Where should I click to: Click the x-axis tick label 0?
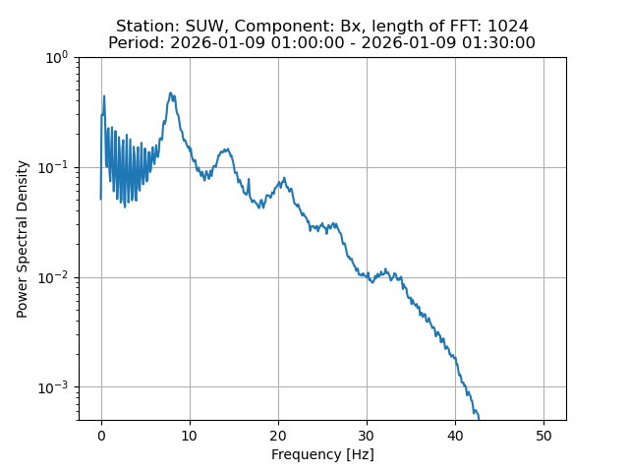click(x=101, y=436)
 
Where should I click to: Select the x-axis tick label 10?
click(x=190, y=436)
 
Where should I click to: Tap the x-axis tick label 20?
click(x=278, y=436)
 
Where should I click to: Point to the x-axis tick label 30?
click(x=367, y=436)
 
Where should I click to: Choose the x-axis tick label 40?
click(x=455, y=436)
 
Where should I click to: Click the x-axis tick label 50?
click(x=543, y=436)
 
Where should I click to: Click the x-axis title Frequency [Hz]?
click(x=322, y=454)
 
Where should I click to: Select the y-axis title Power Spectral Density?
click(x=23, y=239)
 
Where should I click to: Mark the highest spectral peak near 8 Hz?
click(x=171, y=93)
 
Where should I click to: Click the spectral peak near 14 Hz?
click(x=226, y=149)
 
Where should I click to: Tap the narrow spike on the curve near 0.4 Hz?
click(x=104, y=95)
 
